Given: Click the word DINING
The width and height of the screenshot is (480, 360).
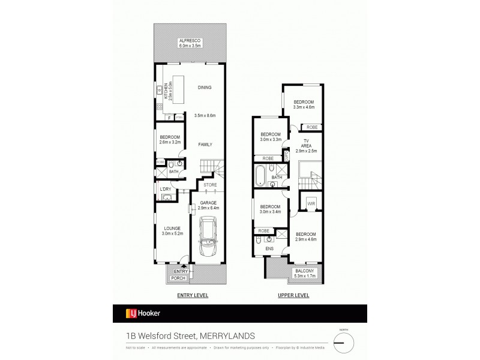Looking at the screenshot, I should point(205,88).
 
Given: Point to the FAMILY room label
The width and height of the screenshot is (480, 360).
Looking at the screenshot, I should point(205,144).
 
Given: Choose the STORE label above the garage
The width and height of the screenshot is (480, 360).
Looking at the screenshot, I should point(209,185).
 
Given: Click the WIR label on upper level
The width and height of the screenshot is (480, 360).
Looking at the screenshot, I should point(311,203).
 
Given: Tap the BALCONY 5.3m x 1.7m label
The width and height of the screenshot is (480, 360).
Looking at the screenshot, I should point(305,275).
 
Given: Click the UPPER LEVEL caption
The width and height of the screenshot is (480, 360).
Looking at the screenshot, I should point(292,296).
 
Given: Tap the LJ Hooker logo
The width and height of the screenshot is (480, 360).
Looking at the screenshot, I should point(143,313).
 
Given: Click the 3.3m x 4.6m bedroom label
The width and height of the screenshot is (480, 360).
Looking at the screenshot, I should point(304,106).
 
